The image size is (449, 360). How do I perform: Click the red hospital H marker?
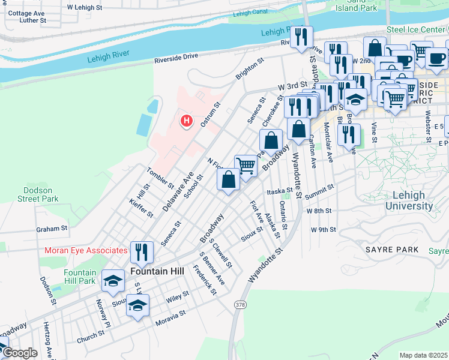[x=187, y=122]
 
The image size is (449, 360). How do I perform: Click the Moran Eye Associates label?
[x=86, y=250]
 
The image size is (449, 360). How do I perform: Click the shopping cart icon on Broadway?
[x=246, y=166]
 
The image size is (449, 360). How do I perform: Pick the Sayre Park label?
[x=388, y=248]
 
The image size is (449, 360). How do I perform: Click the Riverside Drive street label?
[x=176, y=56]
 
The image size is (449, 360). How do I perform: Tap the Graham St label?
[x=52, y=229]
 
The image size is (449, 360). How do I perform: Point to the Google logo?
[x=19, y=353]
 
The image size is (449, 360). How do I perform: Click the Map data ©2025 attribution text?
[x=423, y=355]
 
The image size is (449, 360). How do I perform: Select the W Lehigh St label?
[x=90, y=7]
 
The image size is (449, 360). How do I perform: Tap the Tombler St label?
[x=160, y=177]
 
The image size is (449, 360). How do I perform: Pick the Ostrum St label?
[x=210, y=113]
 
